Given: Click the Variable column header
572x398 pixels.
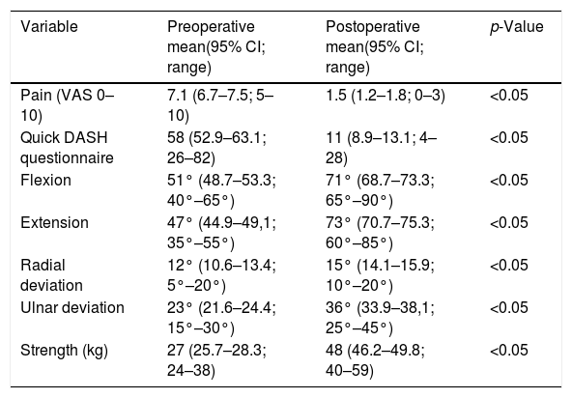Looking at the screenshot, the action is click(49, 27).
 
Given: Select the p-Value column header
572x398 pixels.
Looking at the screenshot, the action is click(517, 27).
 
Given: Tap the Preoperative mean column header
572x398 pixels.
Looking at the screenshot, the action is click(216, 47).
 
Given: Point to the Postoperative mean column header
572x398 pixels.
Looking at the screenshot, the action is click(375, 47).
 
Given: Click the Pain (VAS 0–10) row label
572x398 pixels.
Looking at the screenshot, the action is click(68, 105).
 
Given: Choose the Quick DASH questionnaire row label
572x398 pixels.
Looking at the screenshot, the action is click(67, 148).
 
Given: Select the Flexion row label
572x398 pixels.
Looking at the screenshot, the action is click(45, 181).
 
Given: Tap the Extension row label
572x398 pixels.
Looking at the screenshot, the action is click(54, 222).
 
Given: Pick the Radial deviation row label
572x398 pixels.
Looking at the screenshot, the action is click(51, 275).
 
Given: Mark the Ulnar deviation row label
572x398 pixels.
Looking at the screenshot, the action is click(72, 307).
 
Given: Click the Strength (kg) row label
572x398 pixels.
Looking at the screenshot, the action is click(64, 351).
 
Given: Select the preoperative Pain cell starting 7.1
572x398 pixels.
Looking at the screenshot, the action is click(220, 105).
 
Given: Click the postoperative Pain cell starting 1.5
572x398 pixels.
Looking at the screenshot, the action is click(386, 96).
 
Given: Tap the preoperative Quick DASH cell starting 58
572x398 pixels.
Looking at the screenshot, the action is click(216, 148).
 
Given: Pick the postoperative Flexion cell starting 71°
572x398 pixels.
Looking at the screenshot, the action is click(380, 190).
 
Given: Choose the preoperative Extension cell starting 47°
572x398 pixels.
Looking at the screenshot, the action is click(221, 233).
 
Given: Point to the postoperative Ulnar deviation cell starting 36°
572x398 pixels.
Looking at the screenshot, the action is click(380, 318).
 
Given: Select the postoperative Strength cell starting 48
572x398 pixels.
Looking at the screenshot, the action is click(375, 360).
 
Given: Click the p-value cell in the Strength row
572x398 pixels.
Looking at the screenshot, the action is click(509, 351).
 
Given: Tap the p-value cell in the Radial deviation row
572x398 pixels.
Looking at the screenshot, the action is click(509, 266).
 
